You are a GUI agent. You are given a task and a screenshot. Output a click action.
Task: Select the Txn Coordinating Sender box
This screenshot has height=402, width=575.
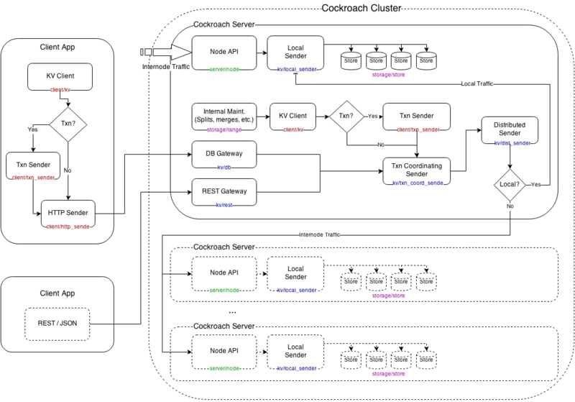click(x=416, y=171)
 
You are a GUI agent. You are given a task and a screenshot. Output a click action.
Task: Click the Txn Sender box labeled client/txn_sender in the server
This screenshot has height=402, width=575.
click(x=416, y=118)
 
